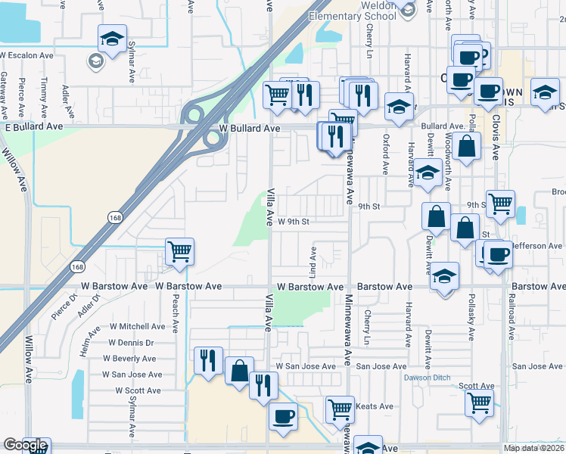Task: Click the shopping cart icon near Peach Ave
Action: click(179, 251)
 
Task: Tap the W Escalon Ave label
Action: click(26, 55)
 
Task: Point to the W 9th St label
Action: click(294, 222)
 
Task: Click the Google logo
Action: click(25, 445)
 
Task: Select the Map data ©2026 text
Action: click(534, 448)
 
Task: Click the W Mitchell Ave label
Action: click(137, 327)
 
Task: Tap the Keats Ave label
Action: click(375, 406)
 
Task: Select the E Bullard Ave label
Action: click(31, 129)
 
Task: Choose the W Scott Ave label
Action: click(138, 390)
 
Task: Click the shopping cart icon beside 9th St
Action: click(500, 203)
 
